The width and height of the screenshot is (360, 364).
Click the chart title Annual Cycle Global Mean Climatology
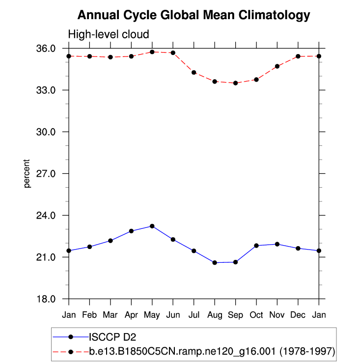click(x=194, y=15)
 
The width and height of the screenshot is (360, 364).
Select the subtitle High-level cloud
click(x=108, y=34)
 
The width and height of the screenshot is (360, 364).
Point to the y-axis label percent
click(x=28, y=173)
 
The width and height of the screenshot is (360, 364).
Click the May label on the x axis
click(x=152, y=314)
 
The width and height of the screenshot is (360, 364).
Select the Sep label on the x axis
click(x=235, y=314)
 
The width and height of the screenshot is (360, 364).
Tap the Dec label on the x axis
click(x=298, y=314)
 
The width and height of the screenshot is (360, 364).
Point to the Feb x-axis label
click(x=89, y=314)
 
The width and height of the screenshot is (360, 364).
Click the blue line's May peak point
click(x=152, y=226)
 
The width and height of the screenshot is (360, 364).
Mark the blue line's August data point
click(x=215, y=263)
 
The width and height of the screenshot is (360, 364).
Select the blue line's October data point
click(x=256, y=246)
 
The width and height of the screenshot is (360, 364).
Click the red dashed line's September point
click(x=236, y=83)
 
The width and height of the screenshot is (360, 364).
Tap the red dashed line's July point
click(x=194, y=72)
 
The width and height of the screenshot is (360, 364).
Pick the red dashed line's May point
click(x=152, y=52)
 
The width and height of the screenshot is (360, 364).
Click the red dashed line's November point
click(x=277, y=66)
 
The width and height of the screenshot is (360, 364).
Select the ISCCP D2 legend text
click(x=112, y=337)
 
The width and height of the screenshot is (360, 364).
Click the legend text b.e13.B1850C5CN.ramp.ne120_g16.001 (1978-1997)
click(x=212, y=352)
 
